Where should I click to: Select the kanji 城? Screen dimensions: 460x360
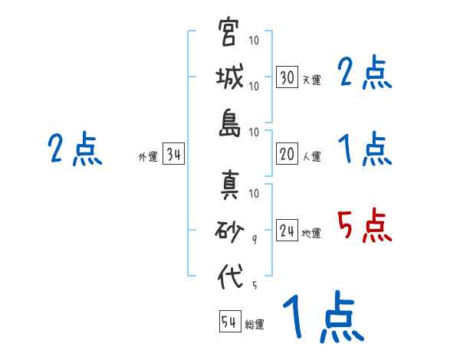coord(228,79)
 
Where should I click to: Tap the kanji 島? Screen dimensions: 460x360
coord(228,123)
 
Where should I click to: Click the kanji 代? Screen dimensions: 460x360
coord(228,276)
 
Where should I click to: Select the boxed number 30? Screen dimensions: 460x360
coord(287,77)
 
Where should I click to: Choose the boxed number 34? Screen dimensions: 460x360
coord(173,155)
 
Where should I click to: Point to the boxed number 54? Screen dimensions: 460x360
coord(229,322)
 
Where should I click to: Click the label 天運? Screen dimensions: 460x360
coord(311,80)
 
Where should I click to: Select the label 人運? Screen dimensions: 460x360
coord(311,157)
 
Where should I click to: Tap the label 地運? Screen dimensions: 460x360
coord(311,234)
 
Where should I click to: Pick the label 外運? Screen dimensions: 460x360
coord(148,157)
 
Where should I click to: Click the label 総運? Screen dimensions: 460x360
coord(255,324)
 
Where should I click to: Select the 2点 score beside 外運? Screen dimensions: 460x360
coord(74,149)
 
